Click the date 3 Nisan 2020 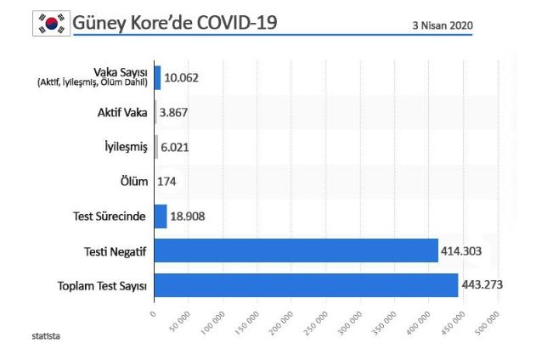point(442,25)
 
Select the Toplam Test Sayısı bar point(306,285)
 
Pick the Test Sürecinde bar point(161,216)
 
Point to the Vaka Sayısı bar point(157,77)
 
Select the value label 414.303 point(462,250)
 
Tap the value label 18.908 point(188,216)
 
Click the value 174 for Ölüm point(166,181)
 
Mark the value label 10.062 point(181,77)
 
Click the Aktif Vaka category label point(122,112)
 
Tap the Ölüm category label point(134,181)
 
